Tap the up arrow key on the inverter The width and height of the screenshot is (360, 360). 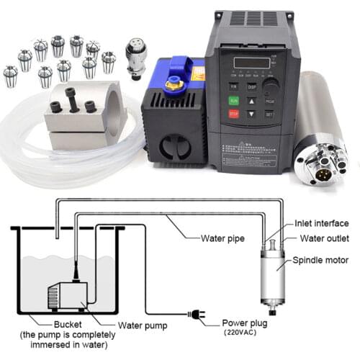[252, 99]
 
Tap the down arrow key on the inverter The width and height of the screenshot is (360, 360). [252, 113]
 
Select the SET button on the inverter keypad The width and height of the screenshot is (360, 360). [269, 113]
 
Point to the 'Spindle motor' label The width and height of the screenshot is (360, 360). [321, 260]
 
